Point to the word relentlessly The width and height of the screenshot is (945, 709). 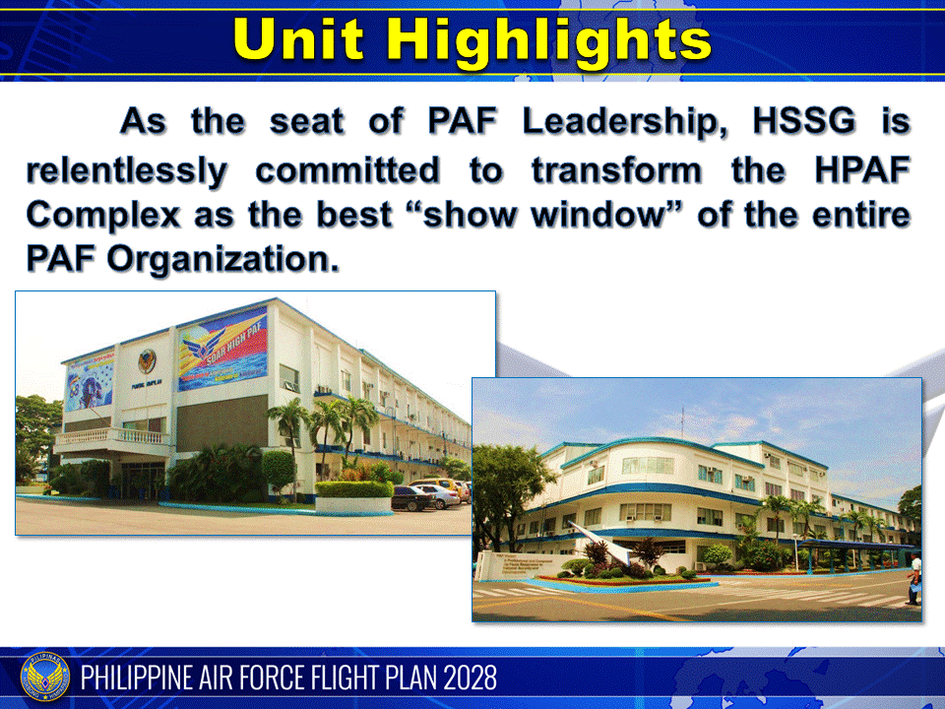[x=126, y=169]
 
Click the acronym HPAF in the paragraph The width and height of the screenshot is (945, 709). [x=854, y=169]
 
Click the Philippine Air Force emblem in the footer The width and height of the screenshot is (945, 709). [x=45, y=677]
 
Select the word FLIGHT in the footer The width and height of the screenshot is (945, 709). [x=327, y=678]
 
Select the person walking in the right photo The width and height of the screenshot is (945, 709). [x=914, y=577]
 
